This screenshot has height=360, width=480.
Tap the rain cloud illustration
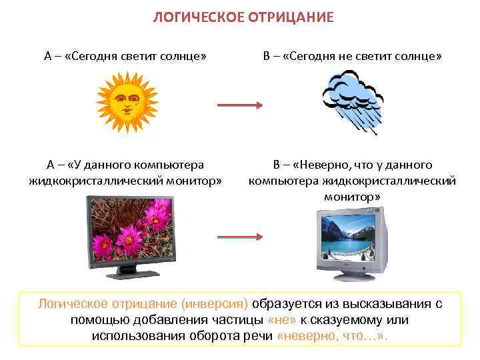[351, 99]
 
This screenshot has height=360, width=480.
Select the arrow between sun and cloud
[240, 105]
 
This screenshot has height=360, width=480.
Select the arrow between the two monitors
[240, 236]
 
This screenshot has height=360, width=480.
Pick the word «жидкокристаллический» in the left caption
[99, 181]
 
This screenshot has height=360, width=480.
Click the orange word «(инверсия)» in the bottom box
[217, 304]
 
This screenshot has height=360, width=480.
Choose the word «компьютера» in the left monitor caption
[167, 165]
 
